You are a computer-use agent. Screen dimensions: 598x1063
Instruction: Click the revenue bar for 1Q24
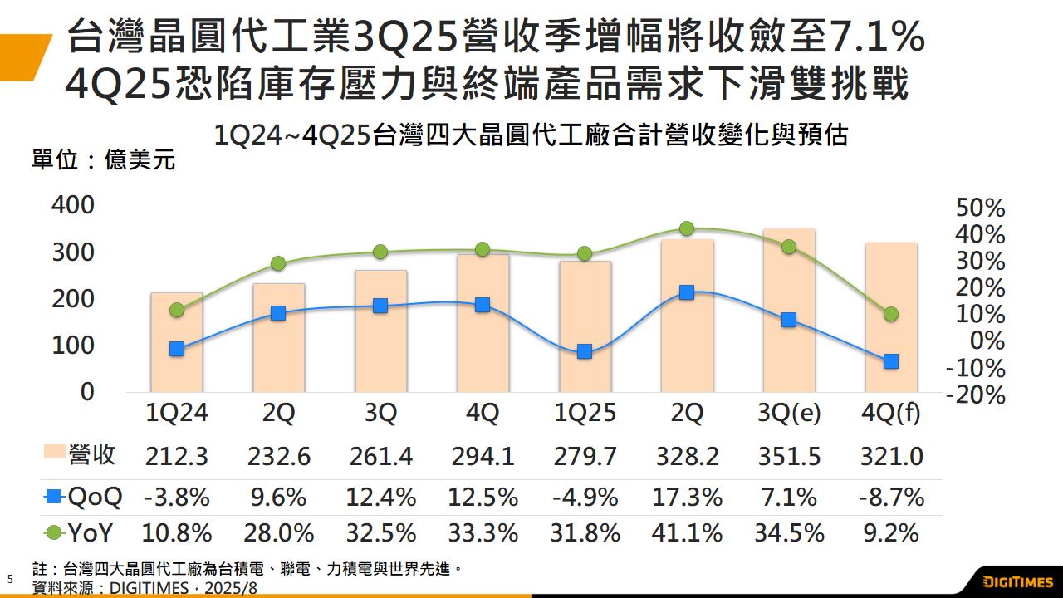click(x=177, y=342)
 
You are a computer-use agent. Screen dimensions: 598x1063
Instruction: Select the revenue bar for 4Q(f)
click(x=891, y=317)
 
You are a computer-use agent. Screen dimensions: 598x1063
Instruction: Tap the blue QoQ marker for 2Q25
click(x=687, y=292)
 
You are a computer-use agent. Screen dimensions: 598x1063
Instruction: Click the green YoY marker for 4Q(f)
click(x=891, y=314)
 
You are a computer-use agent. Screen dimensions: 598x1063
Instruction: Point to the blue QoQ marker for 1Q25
click(x=585, y=351)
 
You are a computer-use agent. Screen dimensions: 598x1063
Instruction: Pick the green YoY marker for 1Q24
click(x=177, y=310)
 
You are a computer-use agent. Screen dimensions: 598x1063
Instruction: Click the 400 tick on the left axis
click(x=73, y=205)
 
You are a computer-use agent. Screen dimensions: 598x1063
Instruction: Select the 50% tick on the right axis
click(x=981, y=208)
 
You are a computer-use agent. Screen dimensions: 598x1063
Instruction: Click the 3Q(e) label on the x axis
click(x=789, y=413)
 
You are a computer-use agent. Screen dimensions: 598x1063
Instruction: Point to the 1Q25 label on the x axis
click(x=585, y=413)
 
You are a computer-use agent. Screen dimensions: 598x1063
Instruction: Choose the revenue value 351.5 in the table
click(x=789, y=456)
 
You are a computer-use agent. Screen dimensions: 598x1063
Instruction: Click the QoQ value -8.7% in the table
click(x=891, y=497)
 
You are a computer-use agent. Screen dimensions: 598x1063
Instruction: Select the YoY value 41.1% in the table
click(x=687, y=532)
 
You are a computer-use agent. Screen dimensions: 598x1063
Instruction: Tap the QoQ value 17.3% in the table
click(x=687, y=497)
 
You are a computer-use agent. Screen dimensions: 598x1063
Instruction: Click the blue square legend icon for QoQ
click(x=54, y=498)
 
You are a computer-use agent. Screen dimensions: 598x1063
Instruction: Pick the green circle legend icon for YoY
click(x=54, y=532)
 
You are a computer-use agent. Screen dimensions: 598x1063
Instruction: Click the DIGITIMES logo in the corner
click(x=1018, y=581)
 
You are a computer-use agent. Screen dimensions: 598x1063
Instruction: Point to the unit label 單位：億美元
click(x=104, y=159)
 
